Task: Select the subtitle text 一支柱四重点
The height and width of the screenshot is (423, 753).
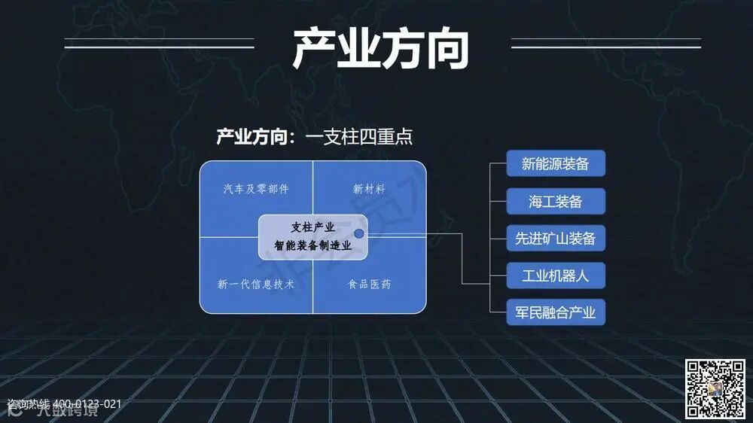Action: (359, 137)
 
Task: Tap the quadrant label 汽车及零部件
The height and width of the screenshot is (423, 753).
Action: (256, 189)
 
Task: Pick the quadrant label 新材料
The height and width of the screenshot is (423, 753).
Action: (369, 189)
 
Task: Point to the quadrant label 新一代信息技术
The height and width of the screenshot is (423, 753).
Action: (256, 285)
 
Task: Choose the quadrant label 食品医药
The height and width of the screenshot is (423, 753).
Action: (369, 285)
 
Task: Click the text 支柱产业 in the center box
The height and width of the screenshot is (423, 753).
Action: (312, 227)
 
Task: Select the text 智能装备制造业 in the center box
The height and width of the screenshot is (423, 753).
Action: (312, 245)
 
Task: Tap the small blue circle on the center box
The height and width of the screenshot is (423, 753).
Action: (359, 234)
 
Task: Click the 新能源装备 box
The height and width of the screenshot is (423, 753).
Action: (556, 163)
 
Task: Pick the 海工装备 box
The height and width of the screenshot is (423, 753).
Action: (556, 201)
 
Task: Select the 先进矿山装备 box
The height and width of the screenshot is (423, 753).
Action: (556, 239)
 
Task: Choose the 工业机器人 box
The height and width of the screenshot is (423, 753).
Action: (556, 275)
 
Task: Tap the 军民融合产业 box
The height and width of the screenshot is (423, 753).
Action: (556, 312)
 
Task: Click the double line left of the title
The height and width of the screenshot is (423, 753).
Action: (159, 43)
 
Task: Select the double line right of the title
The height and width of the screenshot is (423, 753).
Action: (605, 43)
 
